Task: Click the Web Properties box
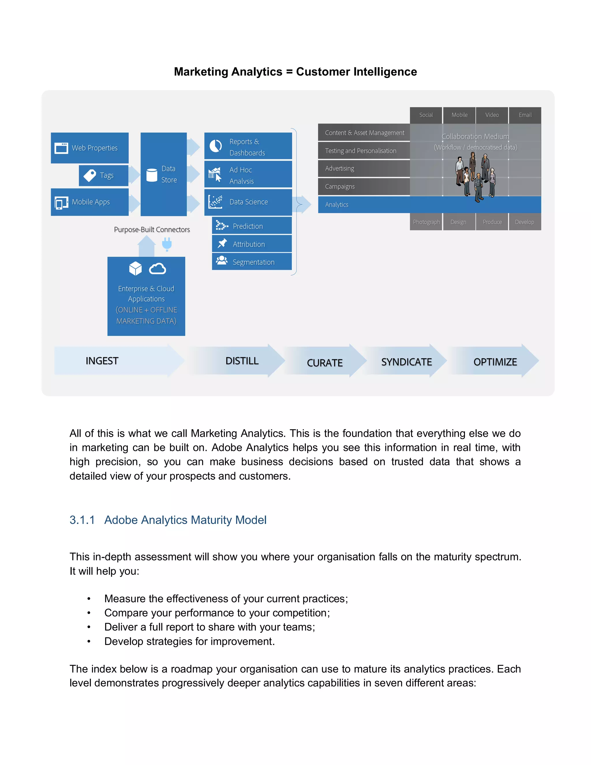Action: coord(90,148)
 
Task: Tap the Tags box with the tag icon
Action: coord(103,175)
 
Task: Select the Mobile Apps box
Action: coord(90,202)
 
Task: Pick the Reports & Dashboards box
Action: coord(248,146)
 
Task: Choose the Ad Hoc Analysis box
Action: coord(248,175)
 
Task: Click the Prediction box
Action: coord(252,226)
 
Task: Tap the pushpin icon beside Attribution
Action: coord(222,243)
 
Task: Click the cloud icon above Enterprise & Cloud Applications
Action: coord(157,269)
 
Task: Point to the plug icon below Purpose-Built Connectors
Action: coord(167,244)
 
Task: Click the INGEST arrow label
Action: coord(102,361)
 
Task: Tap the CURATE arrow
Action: coord(325,362)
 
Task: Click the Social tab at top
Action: coord(426,115)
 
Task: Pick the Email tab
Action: coord(525,115)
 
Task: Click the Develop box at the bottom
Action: coord(524,222)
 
